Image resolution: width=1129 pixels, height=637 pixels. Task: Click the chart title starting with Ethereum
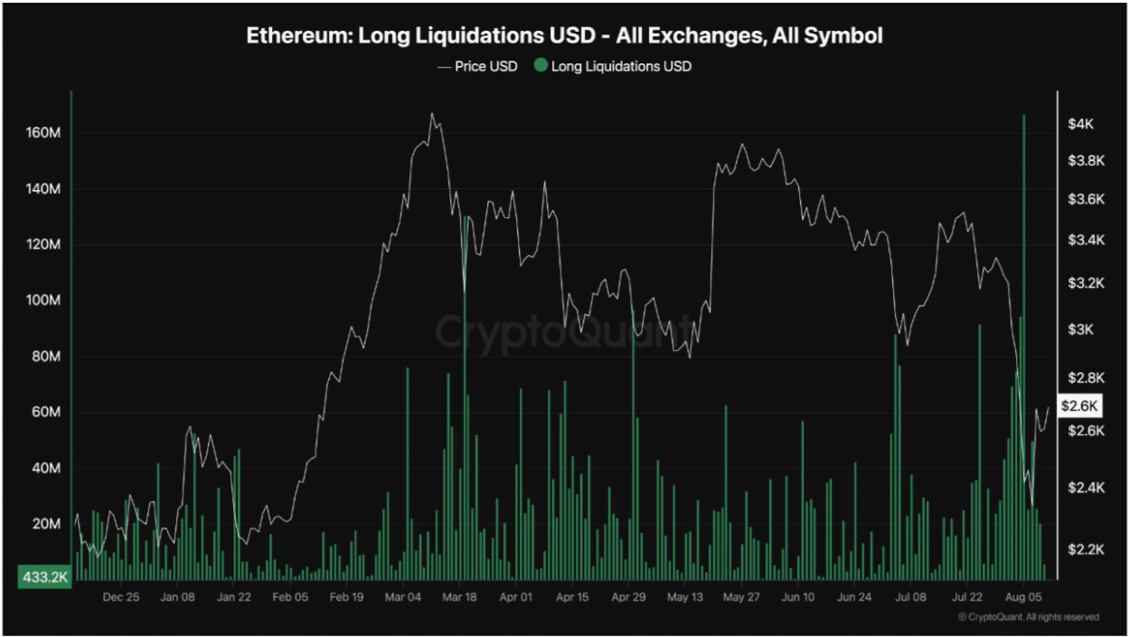tap(564, 36)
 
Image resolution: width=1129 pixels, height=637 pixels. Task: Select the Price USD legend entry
tap(478, 66)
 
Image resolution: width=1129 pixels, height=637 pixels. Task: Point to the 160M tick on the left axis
tap(43, 133)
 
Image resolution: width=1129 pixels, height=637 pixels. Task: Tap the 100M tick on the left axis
tap(43, 300)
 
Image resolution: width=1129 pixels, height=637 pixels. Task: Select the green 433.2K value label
tap(43, 576)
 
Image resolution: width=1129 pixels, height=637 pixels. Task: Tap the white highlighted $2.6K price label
tap(1078, 405)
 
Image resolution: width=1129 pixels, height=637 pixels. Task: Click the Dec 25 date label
tap(120, 597)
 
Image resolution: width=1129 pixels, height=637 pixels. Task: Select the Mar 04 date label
tap(403, 597)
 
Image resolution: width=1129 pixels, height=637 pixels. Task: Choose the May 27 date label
tap(740, 597)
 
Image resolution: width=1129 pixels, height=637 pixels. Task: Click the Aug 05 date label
tap(1024, 597)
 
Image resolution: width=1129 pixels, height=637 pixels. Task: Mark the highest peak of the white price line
tap(432, 114)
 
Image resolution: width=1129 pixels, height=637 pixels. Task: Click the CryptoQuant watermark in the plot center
tap(565, 332)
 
